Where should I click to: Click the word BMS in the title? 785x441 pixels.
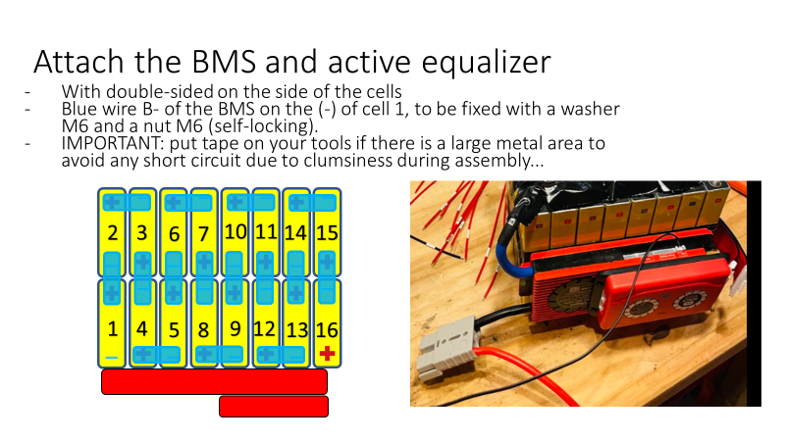point(224,62)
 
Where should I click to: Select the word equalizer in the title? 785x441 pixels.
point(486,64)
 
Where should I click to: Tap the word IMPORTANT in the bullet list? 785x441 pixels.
point(112,143)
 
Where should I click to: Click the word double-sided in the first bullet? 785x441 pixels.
point(161,91)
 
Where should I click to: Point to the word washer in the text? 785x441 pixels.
point(590,109)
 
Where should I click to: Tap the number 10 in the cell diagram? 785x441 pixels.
point(235,232)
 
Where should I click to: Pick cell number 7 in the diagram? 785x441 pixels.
point(204,232)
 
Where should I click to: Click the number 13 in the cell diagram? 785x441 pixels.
point(297,330)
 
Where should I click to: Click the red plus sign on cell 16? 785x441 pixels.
point(327,354)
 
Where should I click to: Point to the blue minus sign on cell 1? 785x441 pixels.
point(112,358)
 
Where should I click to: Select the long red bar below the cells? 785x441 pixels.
point(214,382)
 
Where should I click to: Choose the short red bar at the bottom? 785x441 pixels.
point(274,407)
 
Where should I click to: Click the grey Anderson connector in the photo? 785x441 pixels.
point(445,348)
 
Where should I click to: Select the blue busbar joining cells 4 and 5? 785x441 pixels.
point(157,355)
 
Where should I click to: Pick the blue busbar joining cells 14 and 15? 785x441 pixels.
point(312,203)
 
